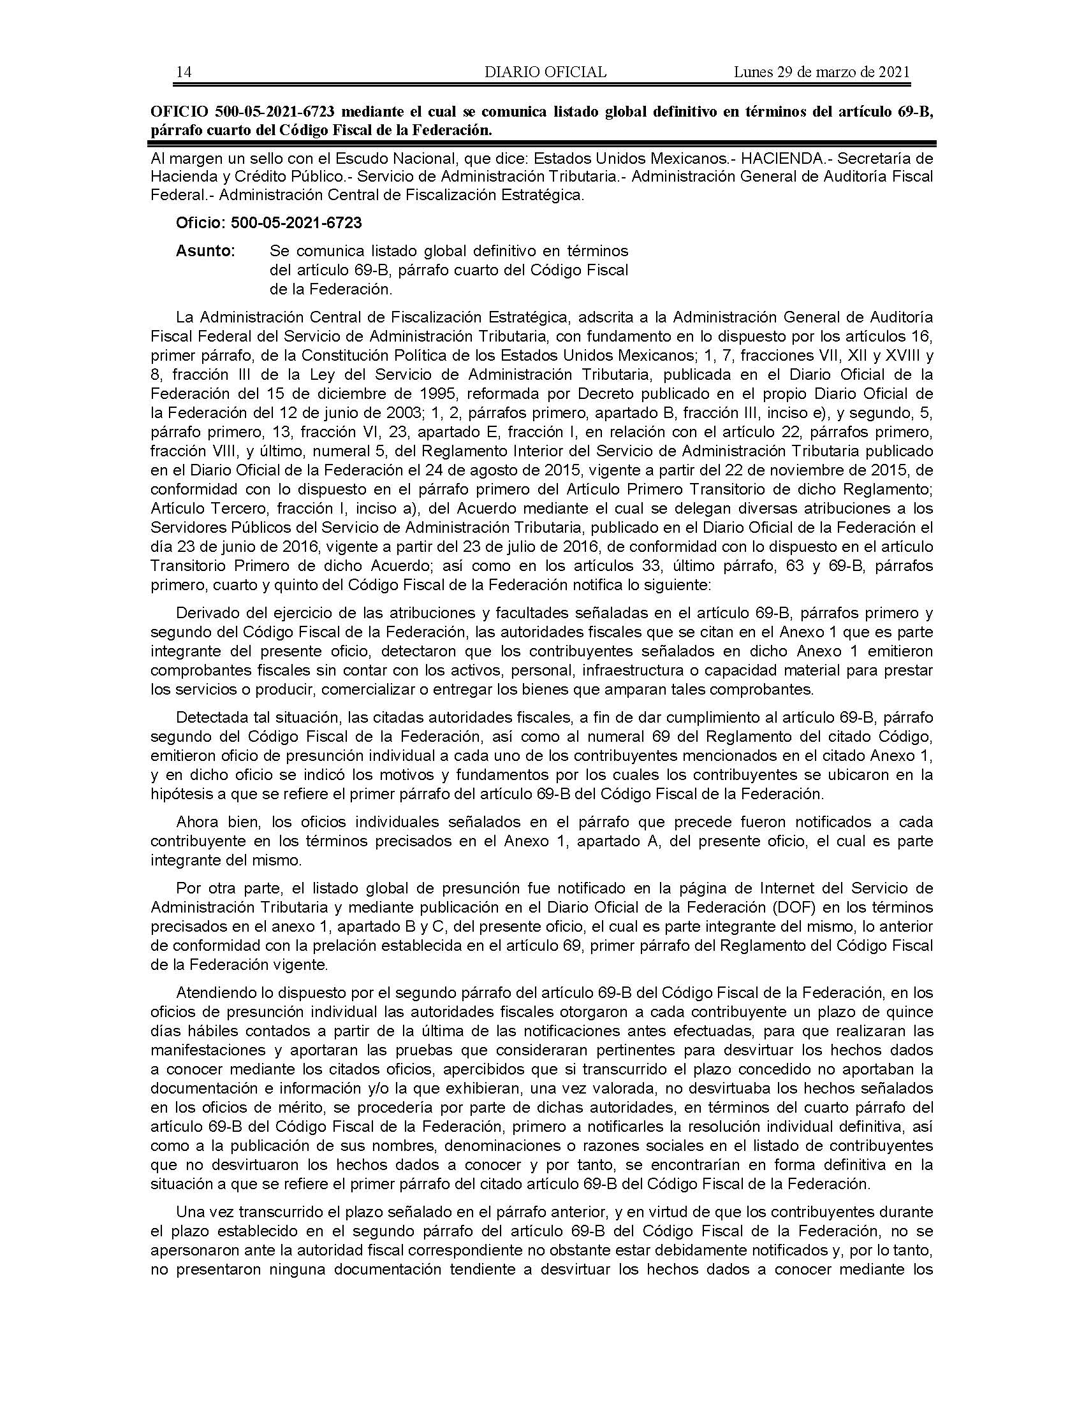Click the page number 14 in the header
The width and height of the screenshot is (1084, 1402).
point(183,72)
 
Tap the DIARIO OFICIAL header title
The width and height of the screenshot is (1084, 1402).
point(545,72)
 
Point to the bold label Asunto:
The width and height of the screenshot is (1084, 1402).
point(205,251)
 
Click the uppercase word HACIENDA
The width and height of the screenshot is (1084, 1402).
point(779,158)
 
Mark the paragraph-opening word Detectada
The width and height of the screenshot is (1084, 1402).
point(211,717)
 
